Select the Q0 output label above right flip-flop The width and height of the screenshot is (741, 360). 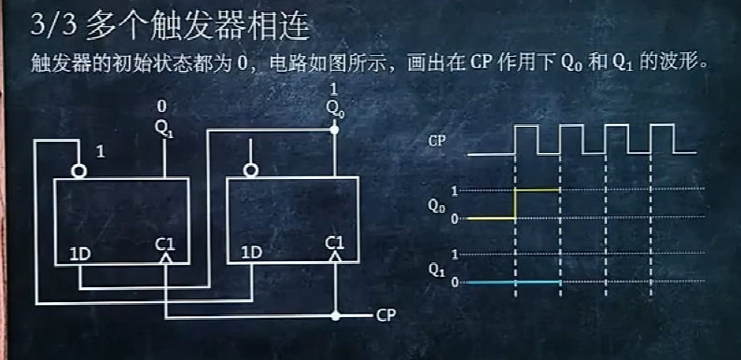click(x=334, y=108)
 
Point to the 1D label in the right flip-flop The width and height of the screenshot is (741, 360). click(x=251, y=252)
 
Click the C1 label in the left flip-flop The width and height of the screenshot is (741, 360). click(x=166, y=244)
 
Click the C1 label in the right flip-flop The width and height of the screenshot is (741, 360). click(x=334, y=244)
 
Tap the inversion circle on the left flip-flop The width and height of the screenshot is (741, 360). click(x=80, y=171)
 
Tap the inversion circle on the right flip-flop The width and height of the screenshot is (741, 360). click(x=249, y=171)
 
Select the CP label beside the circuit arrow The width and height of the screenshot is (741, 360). click(x=387, y=315)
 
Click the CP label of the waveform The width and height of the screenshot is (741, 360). click(x=436, y=142)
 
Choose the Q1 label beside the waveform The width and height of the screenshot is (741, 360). click(x=436, y=269)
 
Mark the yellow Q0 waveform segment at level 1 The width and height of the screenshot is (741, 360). click(x=537, y=189)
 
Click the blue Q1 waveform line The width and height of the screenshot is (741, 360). click(x=513, y=282)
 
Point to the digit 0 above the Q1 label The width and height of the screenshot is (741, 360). click(x=162, y=105)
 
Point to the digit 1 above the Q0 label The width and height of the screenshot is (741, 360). click(x=333, y=88)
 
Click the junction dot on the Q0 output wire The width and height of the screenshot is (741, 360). click(x=334, y=132)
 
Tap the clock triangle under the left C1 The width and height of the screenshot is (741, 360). click(x=166, y=264)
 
